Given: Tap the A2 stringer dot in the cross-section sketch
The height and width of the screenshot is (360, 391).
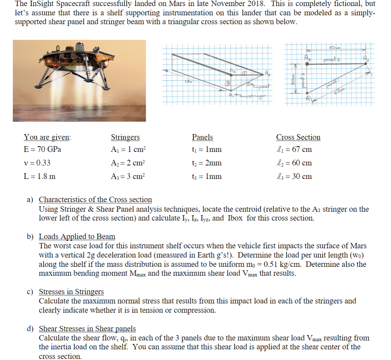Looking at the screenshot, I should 365,64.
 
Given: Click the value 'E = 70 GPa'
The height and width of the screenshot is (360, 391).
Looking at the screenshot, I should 42,149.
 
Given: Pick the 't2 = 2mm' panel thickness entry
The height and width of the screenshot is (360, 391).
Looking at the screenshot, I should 207,163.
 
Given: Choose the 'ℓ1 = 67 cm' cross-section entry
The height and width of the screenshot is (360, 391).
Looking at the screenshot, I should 294,149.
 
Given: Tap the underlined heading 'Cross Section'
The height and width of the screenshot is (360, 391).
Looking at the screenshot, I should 298,137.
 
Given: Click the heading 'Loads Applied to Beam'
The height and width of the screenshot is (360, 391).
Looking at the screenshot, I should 77,237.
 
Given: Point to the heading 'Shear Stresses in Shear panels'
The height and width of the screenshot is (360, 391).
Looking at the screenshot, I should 87,329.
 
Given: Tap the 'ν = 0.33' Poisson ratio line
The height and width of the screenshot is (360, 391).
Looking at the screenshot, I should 37,163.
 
